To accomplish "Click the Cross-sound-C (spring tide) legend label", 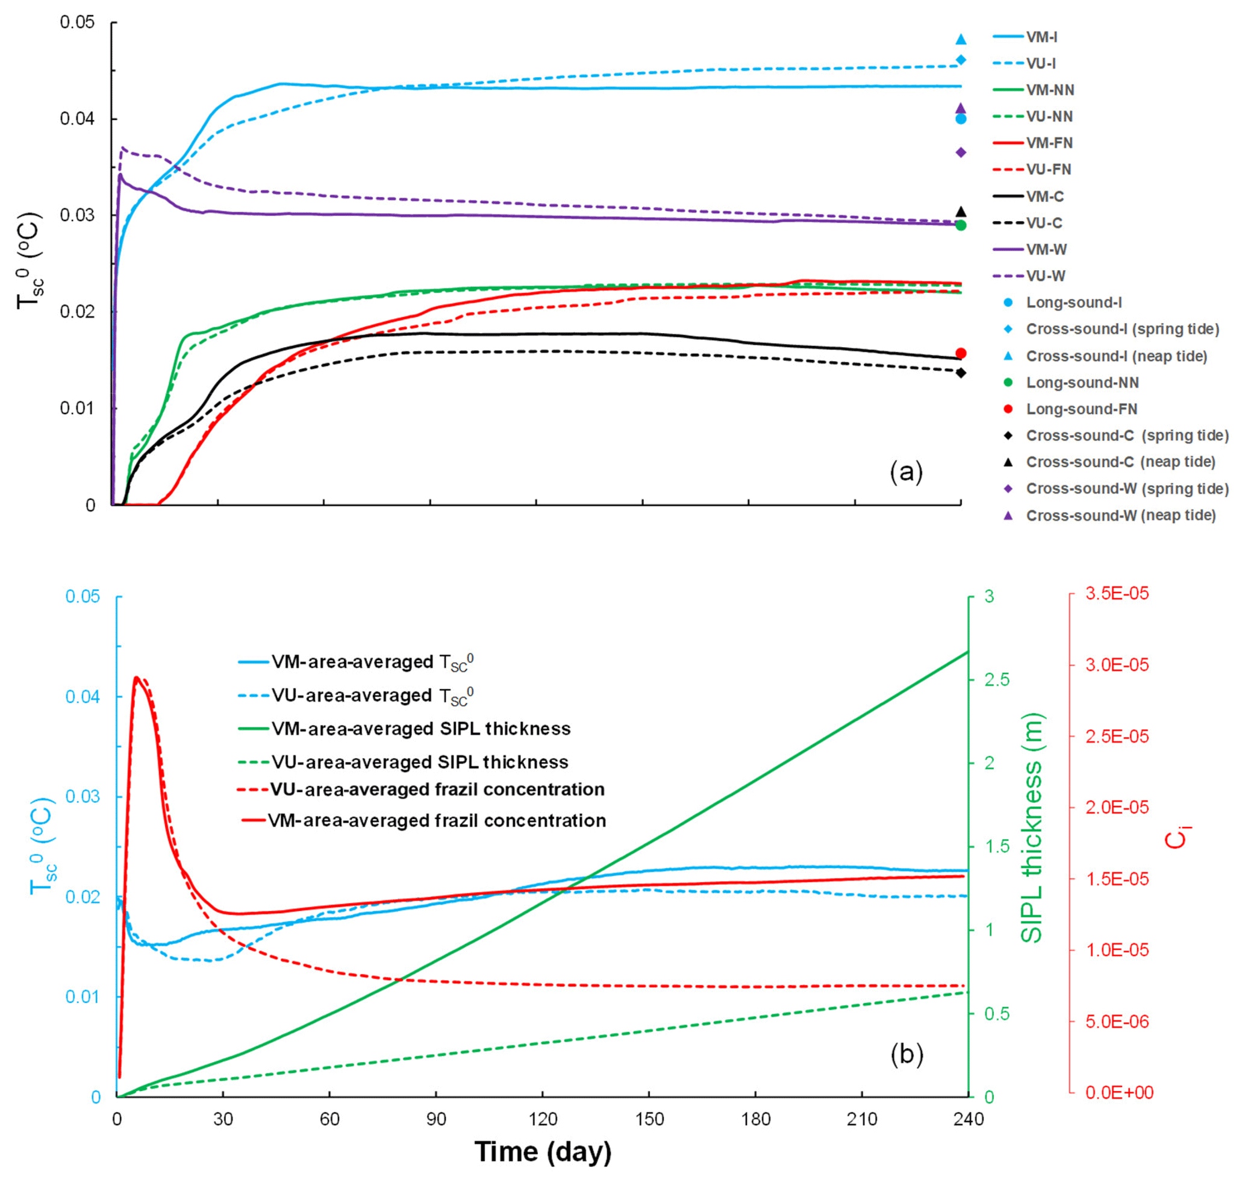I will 1127,435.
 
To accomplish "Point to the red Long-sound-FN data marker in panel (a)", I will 960,353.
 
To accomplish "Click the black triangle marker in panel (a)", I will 960,212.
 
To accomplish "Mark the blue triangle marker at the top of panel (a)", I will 960,39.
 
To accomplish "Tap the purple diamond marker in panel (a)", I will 960,152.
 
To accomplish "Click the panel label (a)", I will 905,472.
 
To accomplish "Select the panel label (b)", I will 906,1054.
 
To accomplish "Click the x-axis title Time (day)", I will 542,1151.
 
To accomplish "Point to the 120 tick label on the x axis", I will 542,1119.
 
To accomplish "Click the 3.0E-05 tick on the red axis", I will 1116,664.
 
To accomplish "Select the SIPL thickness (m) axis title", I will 1031,828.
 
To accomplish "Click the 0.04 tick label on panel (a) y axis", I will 77,119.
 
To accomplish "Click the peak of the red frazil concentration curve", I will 136,677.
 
